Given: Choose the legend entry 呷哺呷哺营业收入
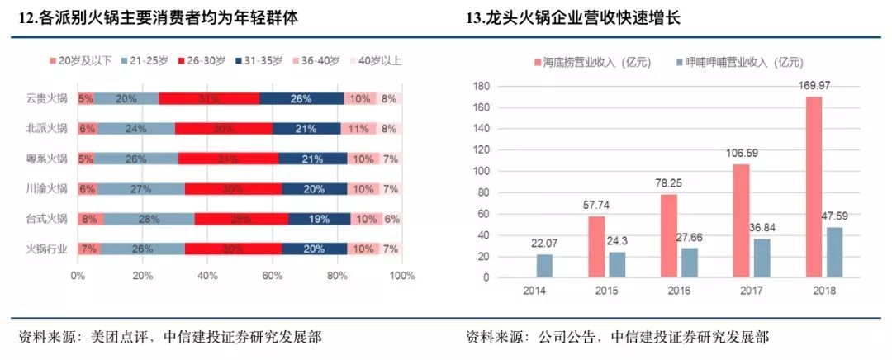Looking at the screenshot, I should pos(738,62).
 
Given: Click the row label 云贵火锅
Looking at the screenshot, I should pos(46,98).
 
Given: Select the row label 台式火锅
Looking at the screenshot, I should pos(46,218).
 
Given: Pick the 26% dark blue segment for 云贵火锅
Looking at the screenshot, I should pos(301,98).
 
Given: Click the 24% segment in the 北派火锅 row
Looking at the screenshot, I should pos(135,128).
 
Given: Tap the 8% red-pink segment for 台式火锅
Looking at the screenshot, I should pos(90,218).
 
